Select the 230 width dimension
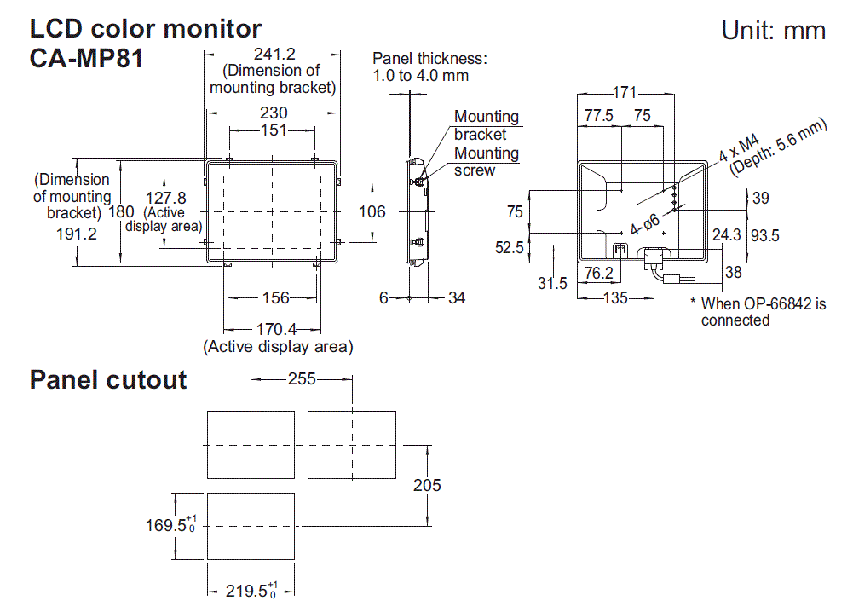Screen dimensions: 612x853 [x=274, y=113]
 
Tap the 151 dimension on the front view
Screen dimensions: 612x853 [x=274, y=130]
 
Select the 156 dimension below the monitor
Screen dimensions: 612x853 [x=274, y=297]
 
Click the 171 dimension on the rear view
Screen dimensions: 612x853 [x=625, y=93]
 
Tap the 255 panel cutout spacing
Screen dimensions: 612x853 [x=300, y=379]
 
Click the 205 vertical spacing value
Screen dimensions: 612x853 [x=427, y=484]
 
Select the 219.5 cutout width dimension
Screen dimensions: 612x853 [x=250, y=589]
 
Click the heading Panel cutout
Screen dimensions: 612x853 [x=108, y=379]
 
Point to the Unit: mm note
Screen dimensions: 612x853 [x=773, y=31]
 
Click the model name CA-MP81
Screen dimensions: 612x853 [x=86, y=60]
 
